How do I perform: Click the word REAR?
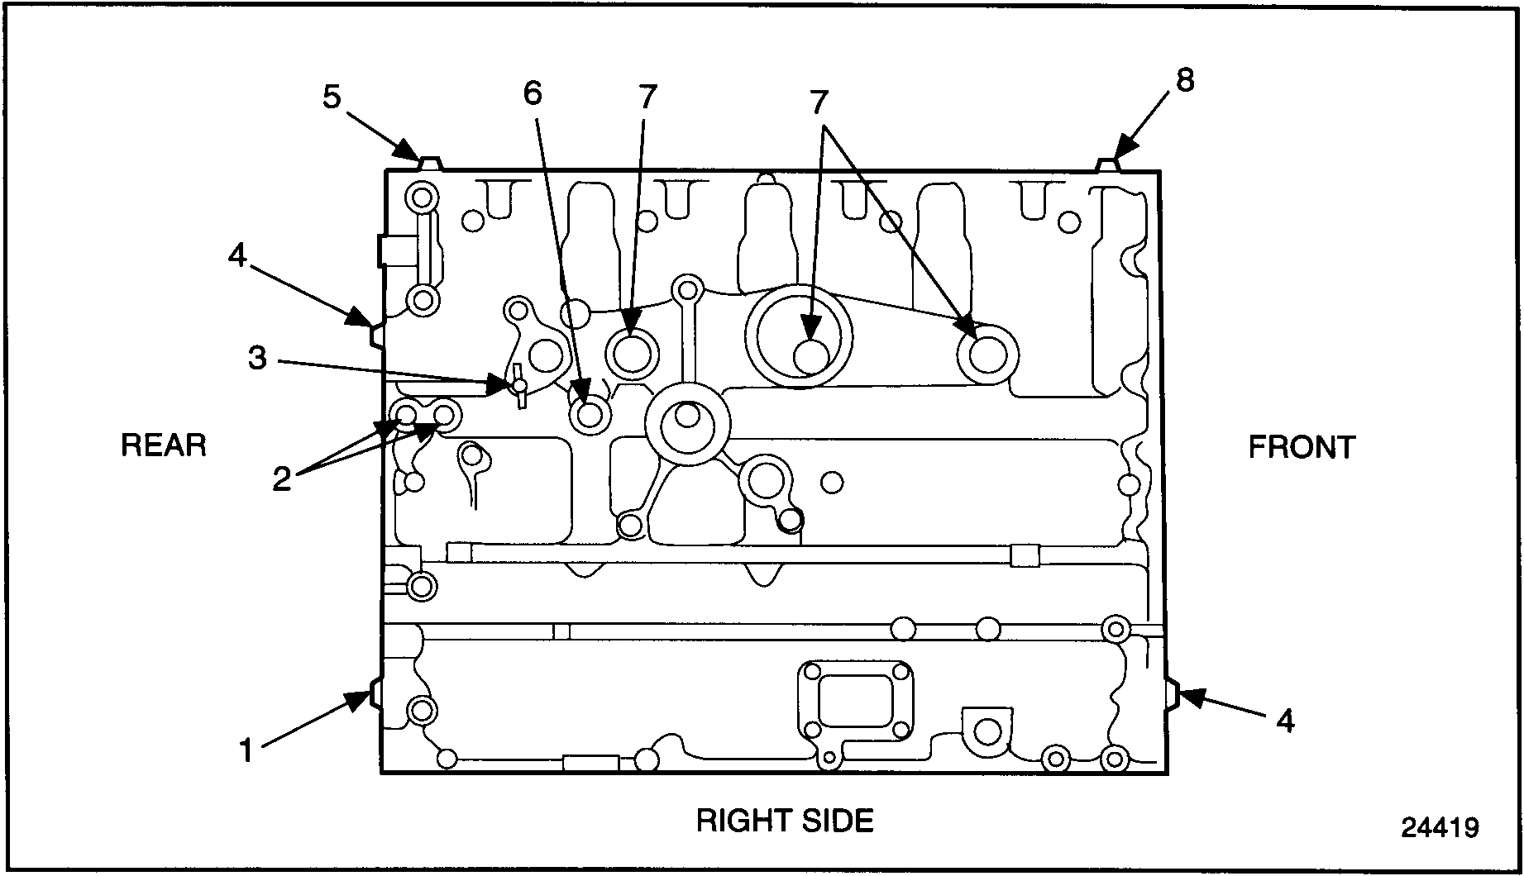[x=163, y=445]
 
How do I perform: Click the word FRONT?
[x=1302, y=447]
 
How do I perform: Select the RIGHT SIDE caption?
[x=785, y=821]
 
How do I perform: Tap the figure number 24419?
[x=1440, y=827]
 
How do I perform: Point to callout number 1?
[x=246, y=751]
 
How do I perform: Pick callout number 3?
[x=258, y=359]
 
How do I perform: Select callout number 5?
[x=331, y=98]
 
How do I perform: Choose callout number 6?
[x=533, y=93]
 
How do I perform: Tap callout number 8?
[x=1185, y=80]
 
